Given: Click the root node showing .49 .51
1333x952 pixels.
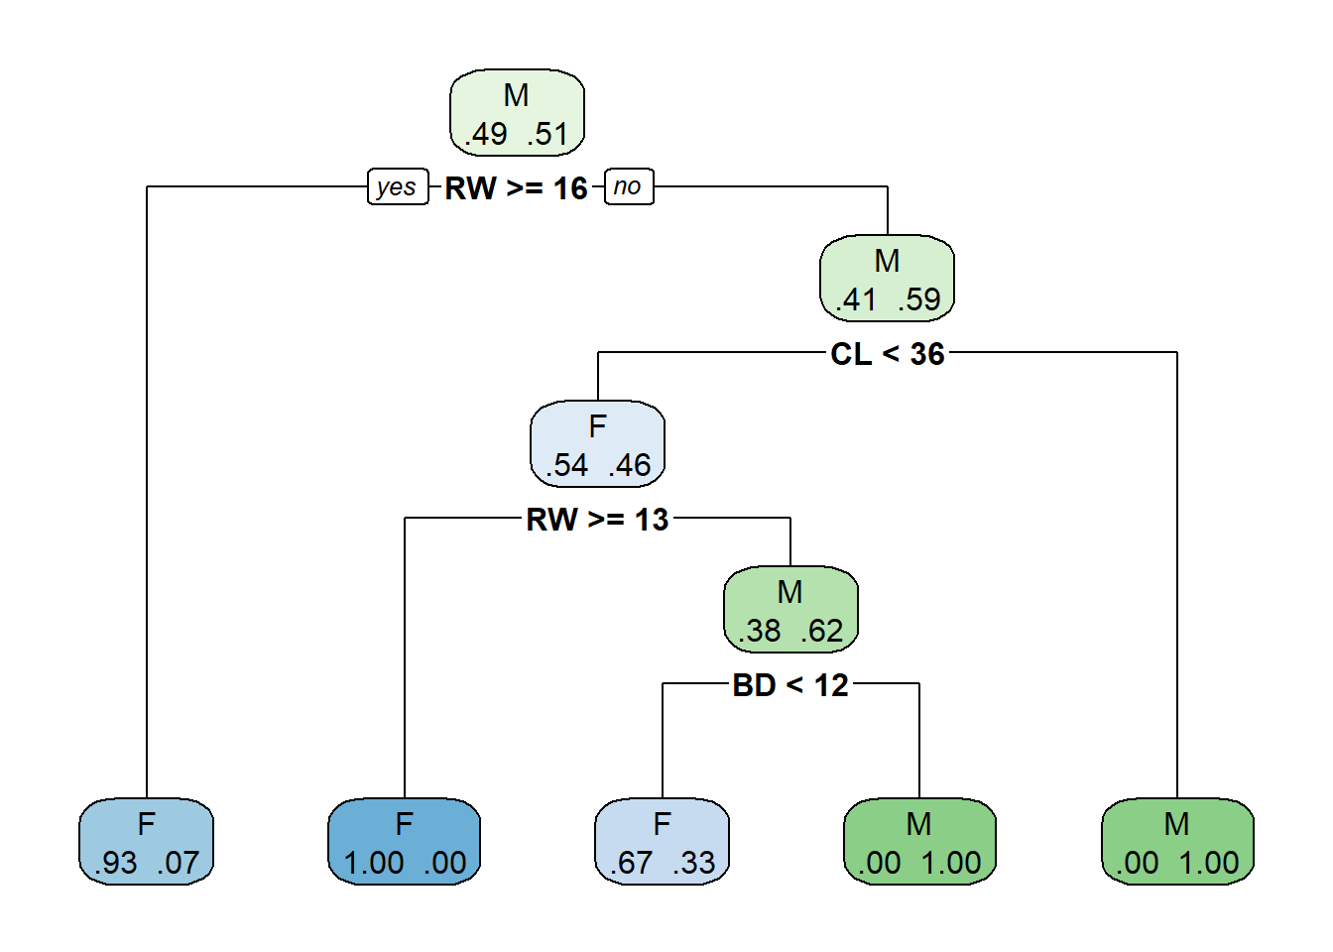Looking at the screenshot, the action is (x=517, y=112).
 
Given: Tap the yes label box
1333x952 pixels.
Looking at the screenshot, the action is (x=398, y=186).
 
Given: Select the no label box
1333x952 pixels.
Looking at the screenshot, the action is (x=629, y=186).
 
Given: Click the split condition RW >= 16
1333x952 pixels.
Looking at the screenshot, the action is (x=516, y=188).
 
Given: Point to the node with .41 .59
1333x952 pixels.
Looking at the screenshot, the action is (x=888, y=279).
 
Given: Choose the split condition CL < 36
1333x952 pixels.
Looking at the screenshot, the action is (x=888, y=354).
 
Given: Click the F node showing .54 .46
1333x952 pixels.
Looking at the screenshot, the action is (x=597, y=444).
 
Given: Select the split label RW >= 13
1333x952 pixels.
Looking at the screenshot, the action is (x=597, y=520).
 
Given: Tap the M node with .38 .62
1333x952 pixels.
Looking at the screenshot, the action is (x=790, y=609).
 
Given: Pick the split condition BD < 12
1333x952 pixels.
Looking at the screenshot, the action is (x=790, y=685).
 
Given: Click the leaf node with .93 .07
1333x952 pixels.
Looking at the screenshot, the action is (x=147, y=841).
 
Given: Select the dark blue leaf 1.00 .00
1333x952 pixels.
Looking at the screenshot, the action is (x=404, y=841).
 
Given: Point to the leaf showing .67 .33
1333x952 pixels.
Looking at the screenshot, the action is (x=662, y=841).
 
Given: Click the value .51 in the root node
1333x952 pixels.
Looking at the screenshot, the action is (x=547, y=134).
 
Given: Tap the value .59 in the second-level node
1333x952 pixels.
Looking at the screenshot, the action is (x=918, y=299).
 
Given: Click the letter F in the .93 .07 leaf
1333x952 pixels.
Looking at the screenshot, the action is (x=147, y=824).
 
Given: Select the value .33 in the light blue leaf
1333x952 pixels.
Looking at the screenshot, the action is (x=693, y=863).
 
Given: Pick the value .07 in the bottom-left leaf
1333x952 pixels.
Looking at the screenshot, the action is (x=178, y=863).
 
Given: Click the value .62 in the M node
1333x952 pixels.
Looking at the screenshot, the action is (x=822, y=631).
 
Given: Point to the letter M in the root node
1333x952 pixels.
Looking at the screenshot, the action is (x=516, y=95).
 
